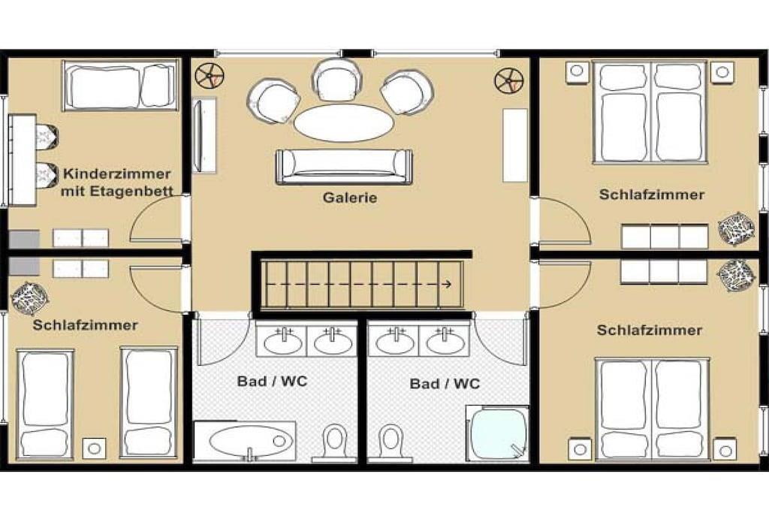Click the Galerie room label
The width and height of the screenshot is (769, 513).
tap(350, 198)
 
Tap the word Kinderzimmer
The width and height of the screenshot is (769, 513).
tap(116, 174)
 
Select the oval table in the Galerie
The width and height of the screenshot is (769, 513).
tap(343, 122)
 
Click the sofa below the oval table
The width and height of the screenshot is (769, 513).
tap(344, 166)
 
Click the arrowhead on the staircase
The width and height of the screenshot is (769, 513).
tap(447, 284)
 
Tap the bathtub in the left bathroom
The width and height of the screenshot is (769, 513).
tap(245, 441)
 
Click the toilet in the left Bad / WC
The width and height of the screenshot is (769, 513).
tap(335, 442)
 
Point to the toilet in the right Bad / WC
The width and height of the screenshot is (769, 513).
tap(391, 442)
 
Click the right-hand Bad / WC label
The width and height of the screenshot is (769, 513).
tap(445, 384)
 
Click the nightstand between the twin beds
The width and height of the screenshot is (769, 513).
tap(94, 448)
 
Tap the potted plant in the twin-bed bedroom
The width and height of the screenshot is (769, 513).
tap(29, 297)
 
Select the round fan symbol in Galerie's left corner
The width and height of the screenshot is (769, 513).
tap(210, 76)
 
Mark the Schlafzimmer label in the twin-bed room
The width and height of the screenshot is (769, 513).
tap(86, 324)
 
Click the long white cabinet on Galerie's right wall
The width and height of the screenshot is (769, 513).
tap(515, 145)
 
